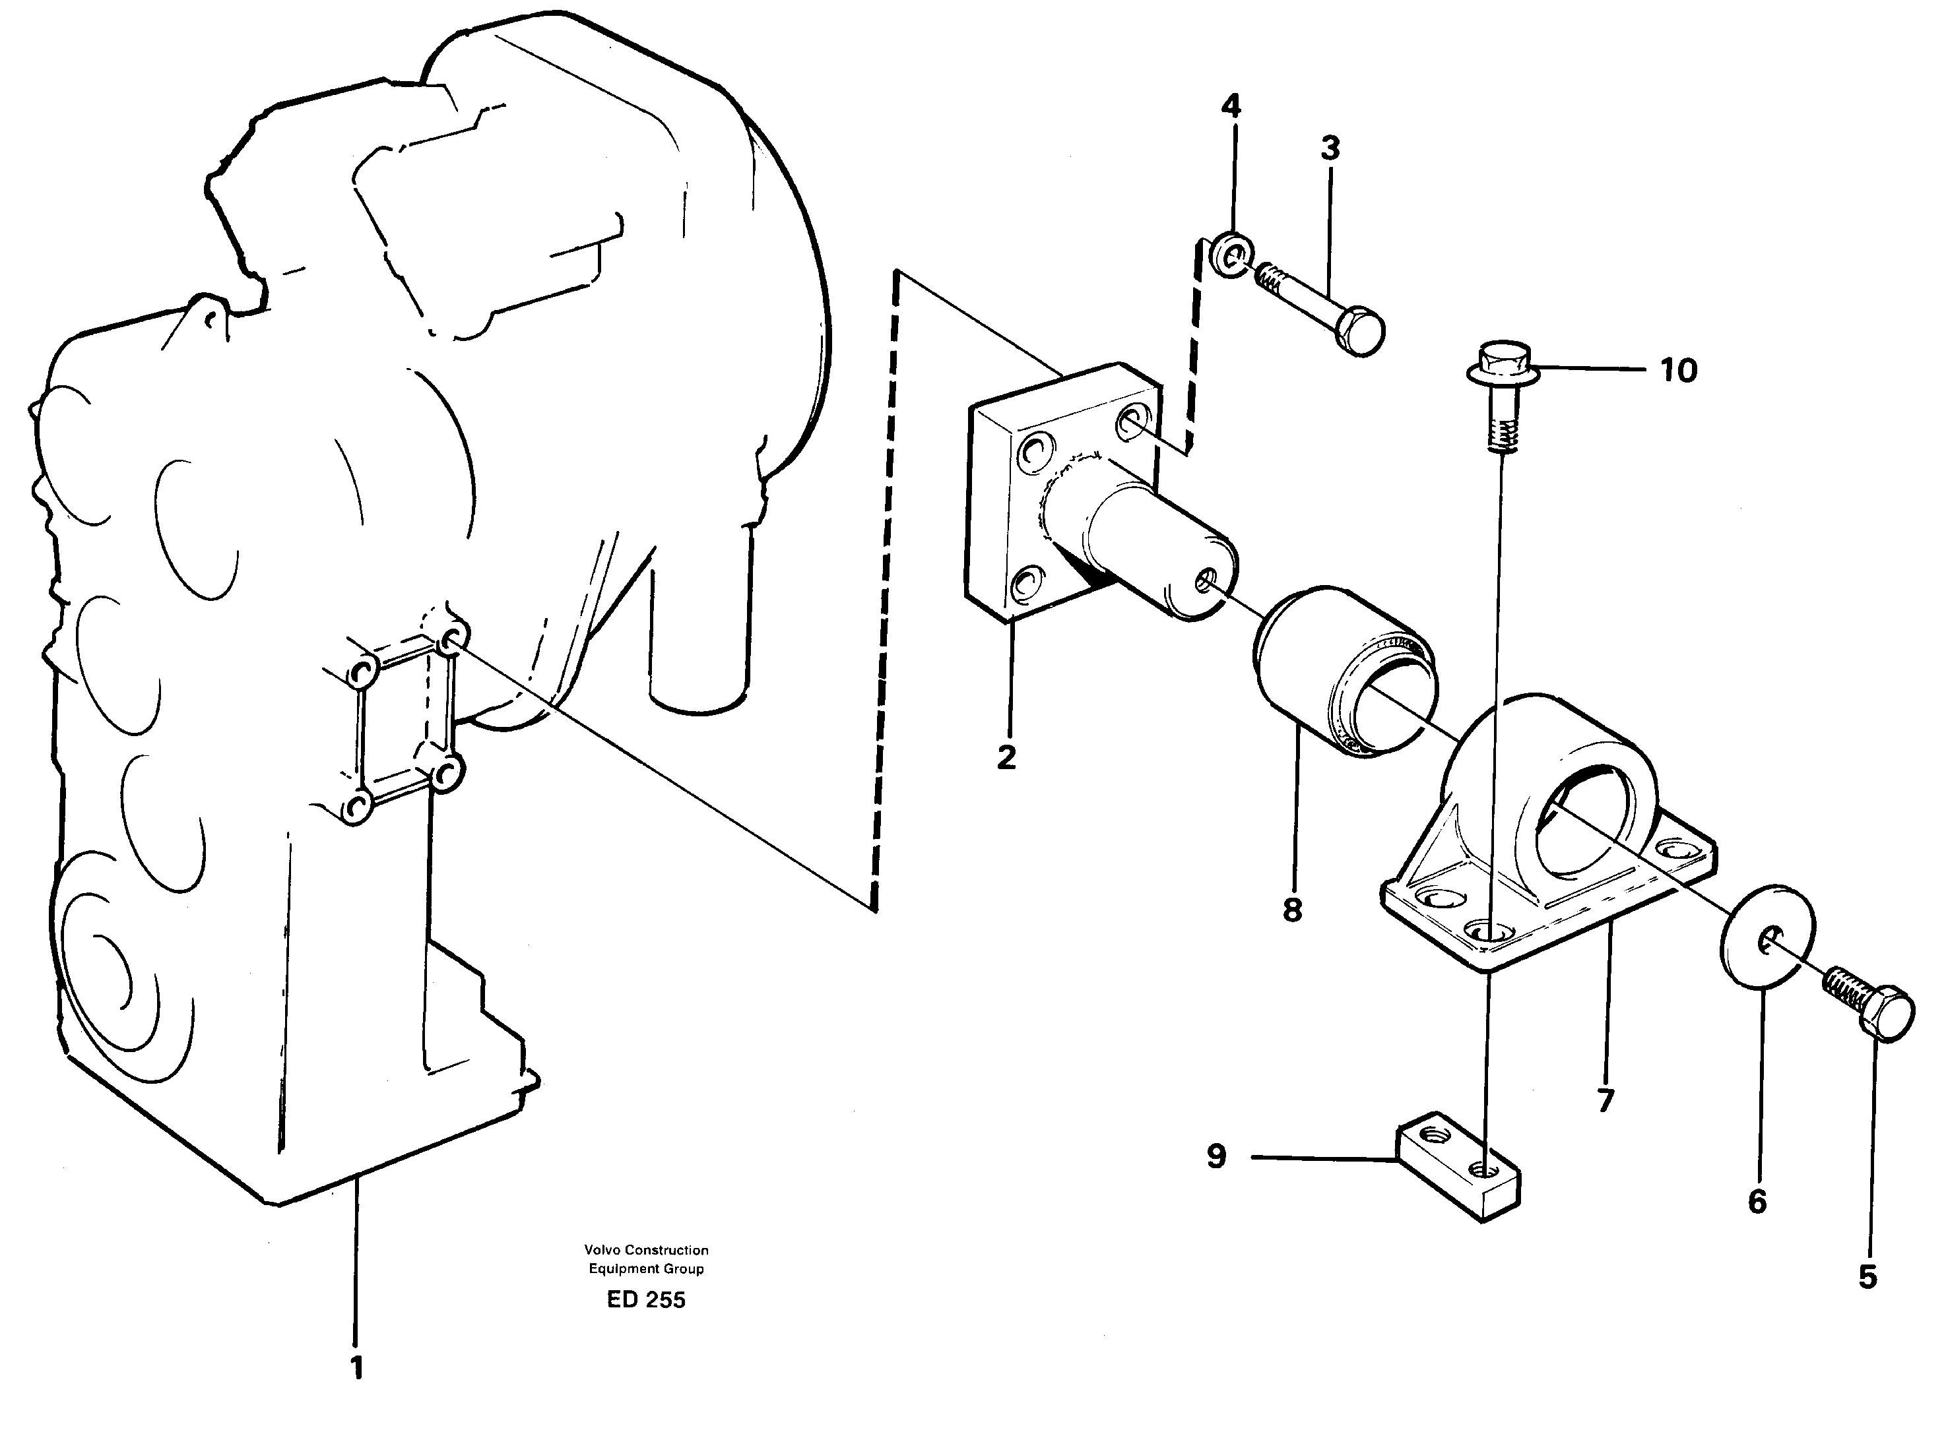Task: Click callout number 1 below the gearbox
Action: [x=356, y=1367]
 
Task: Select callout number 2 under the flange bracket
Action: [x=1006, y=757]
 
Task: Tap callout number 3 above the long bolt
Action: [x=1330, y=148]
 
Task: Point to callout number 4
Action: [x=1231, y=106]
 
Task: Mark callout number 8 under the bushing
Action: [x=1292, y=910]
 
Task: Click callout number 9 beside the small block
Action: [x=1217, y=1156]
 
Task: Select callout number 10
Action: [x=1679, y=371]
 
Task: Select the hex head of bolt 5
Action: [x=1887, y=1013]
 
